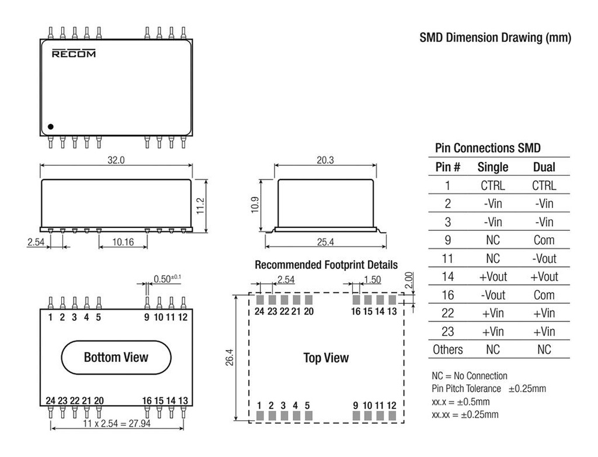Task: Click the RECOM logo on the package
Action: (x=74, y=54)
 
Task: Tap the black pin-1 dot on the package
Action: (x=51, y=126)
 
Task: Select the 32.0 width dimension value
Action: (x=116, y=160)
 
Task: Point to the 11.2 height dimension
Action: (x=200, y=205)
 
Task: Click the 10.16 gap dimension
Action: (x=122, y=242)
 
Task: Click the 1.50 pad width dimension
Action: (x=373, y=280)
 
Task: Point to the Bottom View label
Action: (x=116, y=357)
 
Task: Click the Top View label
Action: (x=326, y=358)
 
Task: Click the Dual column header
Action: (x=544, y=167)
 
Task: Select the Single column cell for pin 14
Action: (x=493, y=276)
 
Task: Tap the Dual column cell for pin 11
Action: (x=544, y=258)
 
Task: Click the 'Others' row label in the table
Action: (x=447, y=349)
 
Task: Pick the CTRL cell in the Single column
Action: (x=493, y=186)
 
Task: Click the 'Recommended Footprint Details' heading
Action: (x=326, y=265)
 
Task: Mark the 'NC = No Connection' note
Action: (x=470, y=376)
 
